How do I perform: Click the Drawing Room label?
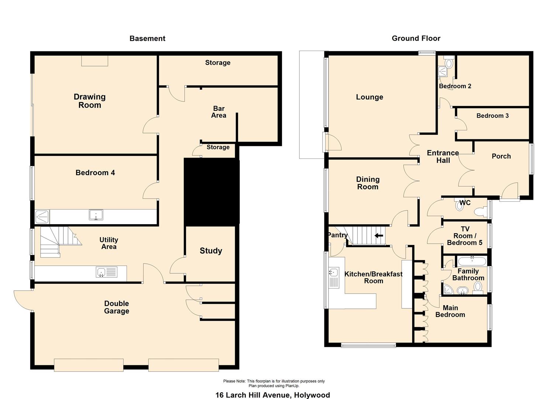tap(90, 101)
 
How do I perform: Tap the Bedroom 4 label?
tap(95, 173)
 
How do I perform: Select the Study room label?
tap(211, 250)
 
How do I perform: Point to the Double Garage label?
tap(117, 307)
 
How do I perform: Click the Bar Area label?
tap(219, 112)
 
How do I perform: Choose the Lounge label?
tap(369, 97)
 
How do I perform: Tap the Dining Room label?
tap(368, 183)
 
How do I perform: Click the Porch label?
tap(501, 156)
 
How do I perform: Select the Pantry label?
tap(338, 235)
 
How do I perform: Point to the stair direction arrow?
tap(379, 236)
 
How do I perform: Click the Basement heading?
tap(147, 38)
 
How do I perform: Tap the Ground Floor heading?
tap(416, 38)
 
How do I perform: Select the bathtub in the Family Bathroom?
tap(472, 261)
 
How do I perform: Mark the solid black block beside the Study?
tap(211, 192)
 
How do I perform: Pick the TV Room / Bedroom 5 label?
tap(465, 236)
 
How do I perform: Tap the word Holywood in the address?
tap(312, 395)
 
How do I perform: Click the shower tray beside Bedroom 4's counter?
tap(42, 216)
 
